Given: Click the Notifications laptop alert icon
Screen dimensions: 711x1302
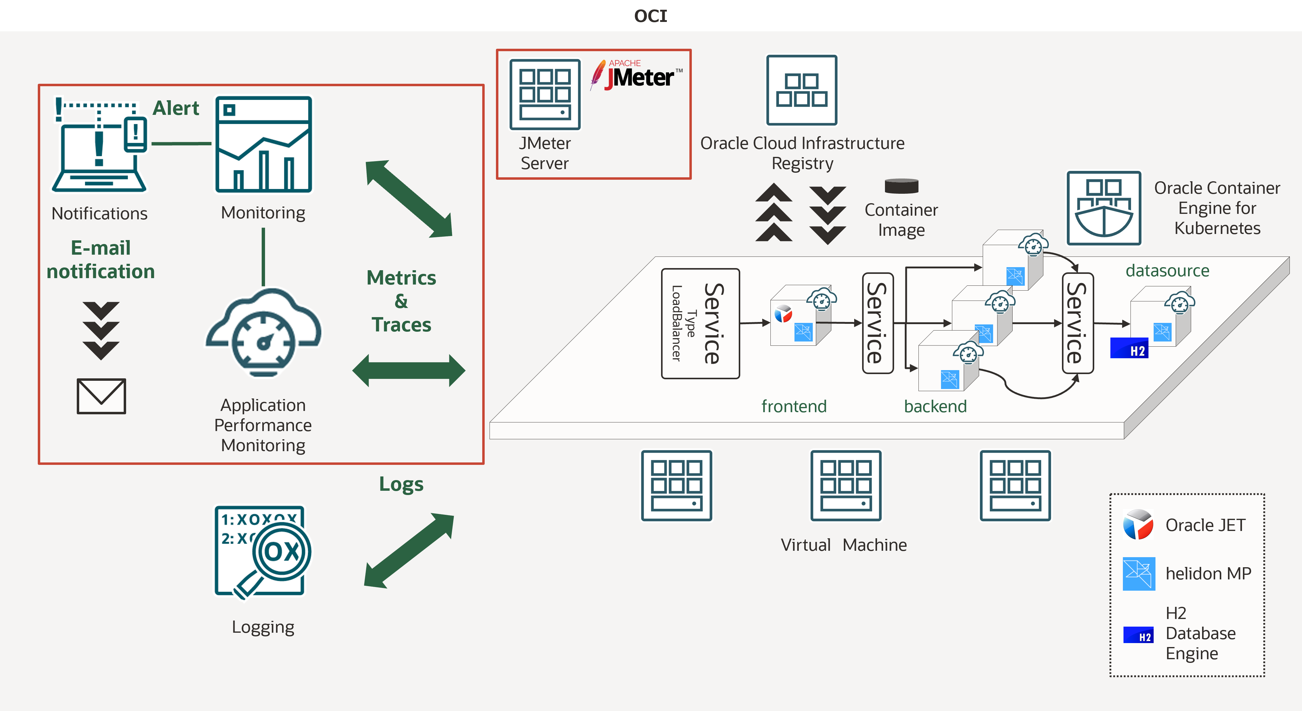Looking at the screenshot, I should [x=100, y=144].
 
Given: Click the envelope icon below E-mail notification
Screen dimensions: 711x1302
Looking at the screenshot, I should [x=101, y=396].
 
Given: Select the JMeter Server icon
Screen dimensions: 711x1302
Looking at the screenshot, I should [x=545, y=94].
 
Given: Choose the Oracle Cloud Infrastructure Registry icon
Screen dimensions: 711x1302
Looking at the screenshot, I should [x=801, y=90].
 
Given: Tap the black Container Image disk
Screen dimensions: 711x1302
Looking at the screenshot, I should [x=901, y=186].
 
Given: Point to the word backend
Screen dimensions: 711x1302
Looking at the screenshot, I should [x=935, y=406].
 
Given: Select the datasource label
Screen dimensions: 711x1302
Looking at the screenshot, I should [x=1167, y=270].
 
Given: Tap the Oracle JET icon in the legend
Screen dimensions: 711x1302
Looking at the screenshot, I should [x=1138, y=525].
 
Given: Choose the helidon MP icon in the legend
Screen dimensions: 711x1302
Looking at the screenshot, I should [x=1139, y=574].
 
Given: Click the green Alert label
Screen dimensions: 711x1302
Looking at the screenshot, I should [x=176, y=108].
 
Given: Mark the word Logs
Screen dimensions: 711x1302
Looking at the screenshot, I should [x=401, y=484].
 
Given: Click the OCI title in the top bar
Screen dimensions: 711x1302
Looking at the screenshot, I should [x=650, y=16].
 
